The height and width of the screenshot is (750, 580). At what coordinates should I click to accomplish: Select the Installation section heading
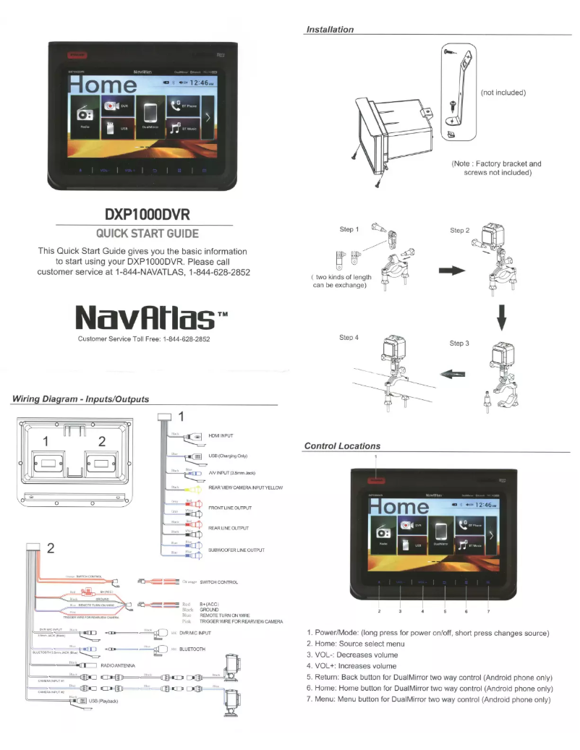329,30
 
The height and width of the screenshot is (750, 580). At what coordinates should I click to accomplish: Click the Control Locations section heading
342,446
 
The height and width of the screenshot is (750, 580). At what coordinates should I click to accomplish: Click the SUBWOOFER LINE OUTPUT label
235,550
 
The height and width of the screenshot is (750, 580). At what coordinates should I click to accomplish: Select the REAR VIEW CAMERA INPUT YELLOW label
244,488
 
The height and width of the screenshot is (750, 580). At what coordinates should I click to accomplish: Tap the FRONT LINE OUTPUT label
229,508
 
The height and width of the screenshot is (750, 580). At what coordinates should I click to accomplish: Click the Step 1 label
349,230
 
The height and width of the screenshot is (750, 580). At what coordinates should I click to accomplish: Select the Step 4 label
349,338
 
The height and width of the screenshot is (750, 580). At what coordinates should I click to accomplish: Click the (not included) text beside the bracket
503,92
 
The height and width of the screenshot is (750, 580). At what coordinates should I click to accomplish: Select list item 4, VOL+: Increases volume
352,665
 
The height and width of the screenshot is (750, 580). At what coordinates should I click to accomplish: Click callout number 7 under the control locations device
488,612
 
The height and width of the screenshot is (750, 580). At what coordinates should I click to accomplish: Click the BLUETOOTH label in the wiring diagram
192,649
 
